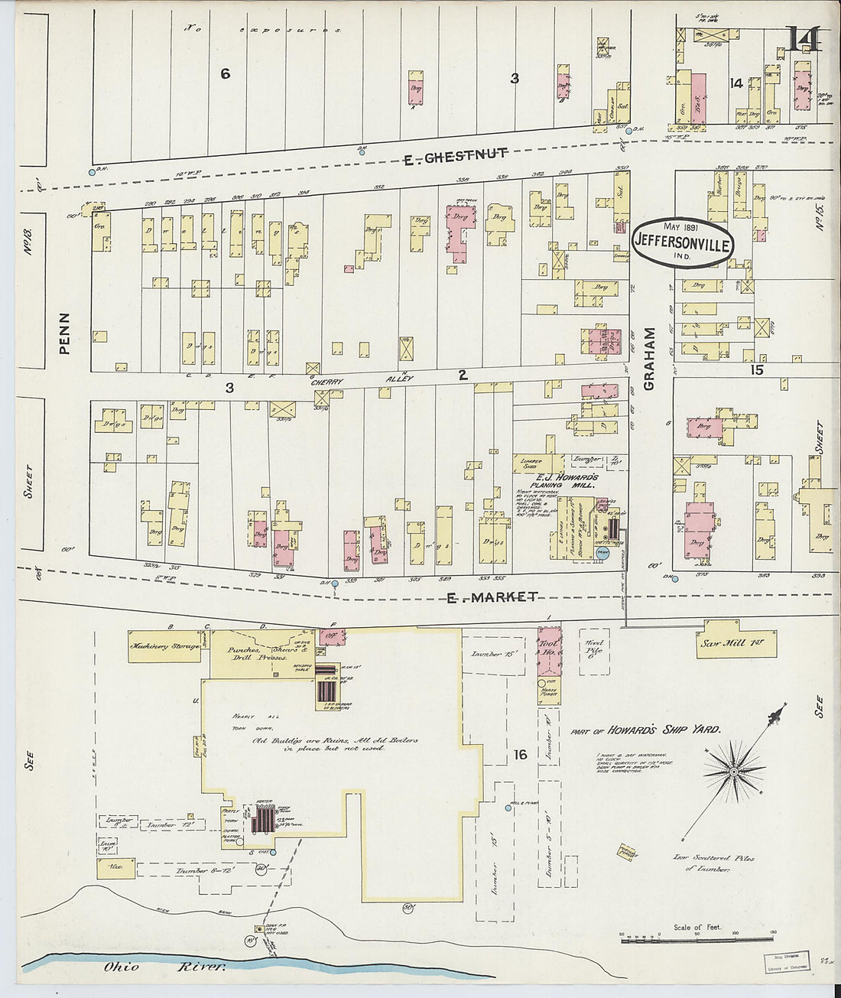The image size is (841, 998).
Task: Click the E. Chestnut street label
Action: tap(455, 158)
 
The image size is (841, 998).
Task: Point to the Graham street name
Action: tap(650, 359)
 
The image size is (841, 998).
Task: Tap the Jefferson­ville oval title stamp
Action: tap(683, 243)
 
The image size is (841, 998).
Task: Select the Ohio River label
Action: tap(165, 967)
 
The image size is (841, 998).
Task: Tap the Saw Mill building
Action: tap(735, 643)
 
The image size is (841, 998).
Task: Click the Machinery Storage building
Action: tap(164, 645)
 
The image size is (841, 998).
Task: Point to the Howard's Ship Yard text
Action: tap(646, 730)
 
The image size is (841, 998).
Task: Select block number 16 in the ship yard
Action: tap(521, 756)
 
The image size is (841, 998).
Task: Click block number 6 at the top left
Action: tap(225, 73)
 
